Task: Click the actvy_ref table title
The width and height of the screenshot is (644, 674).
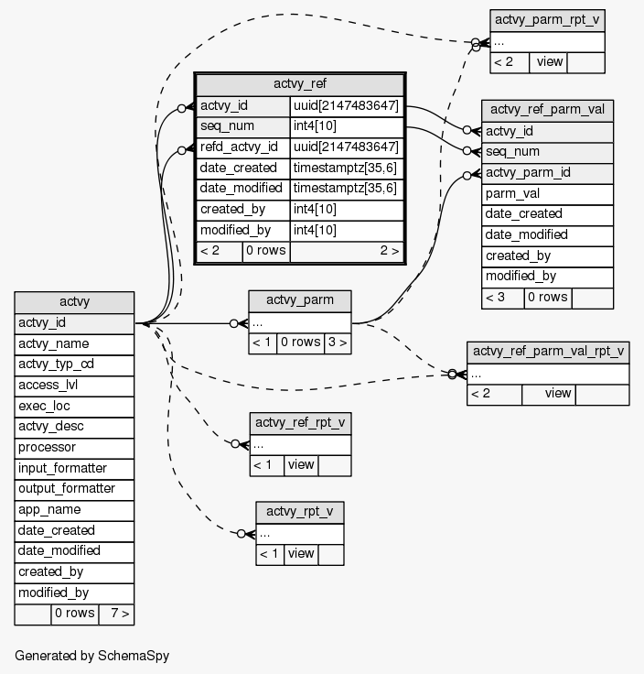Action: [x=300, y=84]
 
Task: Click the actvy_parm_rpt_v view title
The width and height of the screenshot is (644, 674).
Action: [x=548, y=20]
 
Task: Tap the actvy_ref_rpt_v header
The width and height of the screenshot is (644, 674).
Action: [x=300, y=423]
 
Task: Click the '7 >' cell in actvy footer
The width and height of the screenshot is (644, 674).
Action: [x=116, y=614]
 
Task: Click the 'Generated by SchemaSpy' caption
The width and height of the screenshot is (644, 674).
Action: [x=92, y=656]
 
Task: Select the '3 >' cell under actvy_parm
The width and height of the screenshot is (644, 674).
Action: [x=337, y=342]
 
